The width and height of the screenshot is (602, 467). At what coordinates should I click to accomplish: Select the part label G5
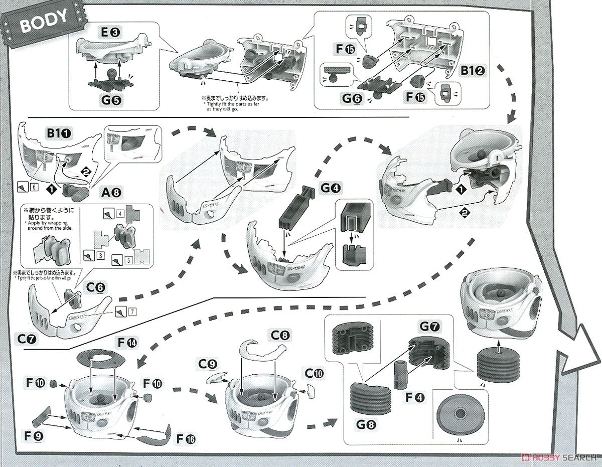111,100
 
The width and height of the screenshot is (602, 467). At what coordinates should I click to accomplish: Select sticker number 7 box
131,312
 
